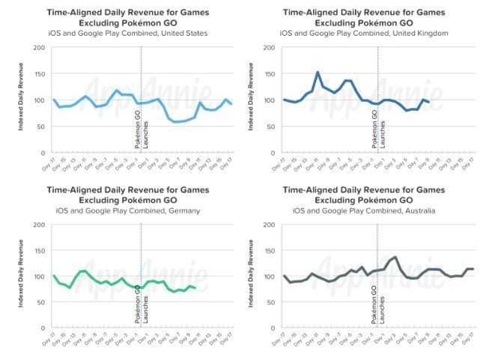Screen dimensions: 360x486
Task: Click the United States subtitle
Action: tap(128, 34)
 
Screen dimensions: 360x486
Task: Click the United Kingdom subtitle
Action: tap(364, 34)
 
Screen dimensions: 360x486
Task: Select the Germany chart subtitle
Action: tap(128, 210)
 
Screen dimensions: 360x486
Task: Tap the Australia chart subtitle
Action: tap(364, 210)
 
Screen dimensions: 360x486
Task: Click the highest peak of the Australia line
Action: tap(395, 257)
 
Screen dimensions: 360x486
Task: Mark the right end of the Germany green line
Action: tap(195, 287)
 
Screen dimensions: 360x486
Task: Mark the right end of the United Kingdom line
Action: tap(428, 102)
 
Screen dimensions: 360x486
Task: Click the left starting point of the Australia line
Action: tap(285, 276)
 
